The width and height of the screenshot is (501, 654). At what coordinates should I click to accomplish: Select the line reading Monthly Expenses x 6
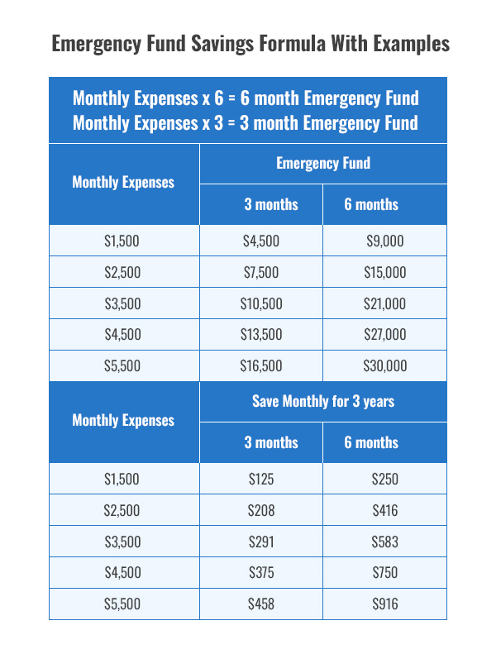(246, 98)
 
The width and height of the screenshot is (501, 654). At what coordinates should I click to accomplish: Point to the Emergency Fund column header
(323, 163)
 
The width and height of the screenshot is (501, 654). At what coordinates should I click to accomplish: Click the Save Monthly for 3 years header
(323, 402)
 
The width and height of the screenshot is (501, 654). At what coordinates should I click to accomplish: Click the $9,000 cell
(384, 241)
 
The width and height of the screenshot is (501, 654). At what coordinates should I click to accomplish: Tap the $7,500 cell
(261, 273)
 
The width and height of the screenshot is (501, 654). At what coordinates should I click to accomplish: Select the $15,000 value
(384, 273)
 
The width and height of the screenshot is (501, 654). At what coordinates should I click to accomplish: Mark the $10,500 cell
(261, 304)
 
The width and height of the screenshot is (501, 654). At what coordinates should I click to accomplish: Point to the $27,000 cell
(384, 335)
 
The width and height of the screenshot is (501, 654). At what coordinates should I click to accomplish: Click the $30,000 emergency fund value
(384, 366)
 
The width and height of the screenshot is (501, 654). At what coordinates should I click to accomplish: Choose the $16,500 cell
(261, 366)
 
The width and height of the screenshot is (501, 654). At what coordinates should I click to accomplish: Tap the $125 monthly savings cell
(261, 479)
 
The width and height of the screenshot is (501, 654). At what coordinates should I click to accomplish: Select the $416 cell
(384, 510)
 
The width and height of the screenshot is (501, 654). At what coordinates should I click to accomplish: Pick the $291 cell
(261, 542)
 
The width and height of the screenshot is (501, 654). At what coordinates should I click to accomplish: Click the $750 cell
(384, 573)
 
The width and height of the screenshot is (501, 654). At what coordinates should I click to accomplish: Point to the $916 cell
(384, 604)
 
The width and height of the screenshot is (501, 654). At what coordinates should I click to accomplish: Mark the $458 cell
(261, 604)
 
